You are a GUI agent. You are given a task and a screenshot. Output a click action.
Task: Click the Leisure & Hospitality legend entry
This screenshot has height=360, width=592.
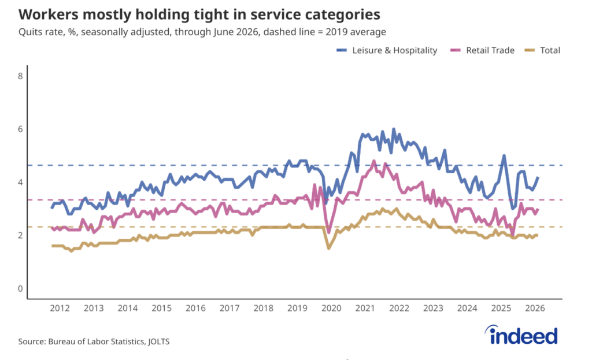pyautogui.click(x=387, y=50)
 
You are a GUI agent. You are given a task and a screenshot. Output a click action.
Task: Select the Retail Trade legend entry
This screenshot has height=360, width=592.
pyautogui.click(x=483, y=50)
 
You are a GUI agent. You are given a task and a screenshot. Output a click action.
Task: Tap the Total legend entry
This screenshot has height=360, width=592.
pyautogui.click(x=542, y=50)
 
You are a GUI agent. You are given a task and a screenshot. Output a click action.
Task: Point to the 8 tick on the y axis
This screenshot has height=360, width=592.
pyautogui.click(x=20, y=76)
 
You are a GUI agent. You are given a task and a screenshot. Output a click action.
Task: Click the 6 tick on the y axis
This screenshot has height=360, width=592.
pyautogui.click(x=20, y=129)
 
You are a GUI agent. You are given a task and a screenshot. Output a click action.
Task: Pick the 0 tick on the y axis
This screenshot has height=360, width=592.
pyautogui.click(x=20, y=289)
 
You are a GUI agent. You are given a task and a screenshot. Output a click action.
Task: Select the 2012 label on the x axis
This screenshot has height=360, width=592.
pyautogui.click(x=60, y=309)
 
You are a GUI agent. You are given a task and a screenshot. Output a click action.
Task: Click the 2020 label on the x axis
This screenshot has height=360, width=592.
pyautogui.click(x=331, y=309)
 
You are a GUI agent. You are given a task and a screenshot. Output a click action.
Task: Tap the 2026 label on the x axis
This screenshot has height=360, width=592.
pyautogui.click(x=535, y=309)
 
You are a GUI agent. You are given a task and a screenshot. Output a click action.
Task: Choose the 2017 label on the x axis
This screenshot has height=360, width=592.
pyautogui.click(x=230, y=309)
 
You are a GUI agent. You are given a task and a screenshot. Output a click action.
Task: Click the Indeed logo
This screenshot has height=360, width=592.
pyautogui.click(x=521, y=335)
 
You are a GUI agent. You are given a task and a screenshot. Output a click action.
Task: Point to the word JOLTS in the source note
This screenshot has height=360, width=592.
pyautogui.click(x=158, y=342)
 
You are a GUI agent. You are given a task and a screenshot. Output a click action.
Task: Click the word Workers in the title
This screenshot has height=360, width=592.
pyautogui.click(x=49, y=14)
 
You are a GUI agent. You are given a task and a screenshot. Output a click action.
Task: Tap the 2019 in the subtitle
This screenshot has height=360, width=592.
pyautogui.click(x=336, y=32)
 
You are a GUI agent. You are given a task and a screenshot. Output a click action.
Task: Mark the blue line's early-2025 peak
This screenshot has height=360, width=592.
pyautogui.click(x=504, y=155)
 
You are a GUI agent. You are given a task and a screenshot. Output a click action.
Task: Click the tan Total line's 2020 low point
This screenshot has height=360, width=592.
pyautogui.click(x=328, y=248)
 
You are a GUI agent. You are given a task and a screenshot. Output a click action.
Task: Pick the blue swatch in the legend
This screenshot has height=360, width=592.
pyautogui.click(x=341, y=50)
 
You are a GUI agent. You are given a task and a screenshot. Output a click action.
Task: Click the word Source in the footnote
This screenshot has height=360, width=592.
pyautogui.click(x=32, y=342)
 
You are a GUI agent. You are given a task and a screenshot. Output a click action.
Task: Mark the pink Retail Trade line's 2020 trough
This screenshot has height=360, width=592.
pyautogui.click(x=328, y=232)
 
